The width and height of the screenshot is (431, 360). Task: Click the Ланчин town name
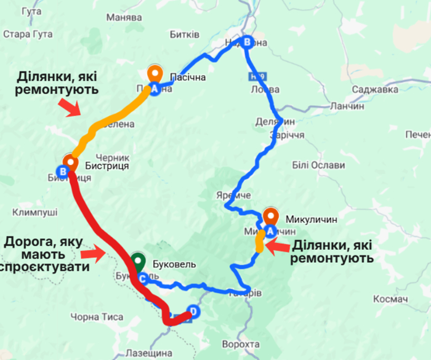(347, 106)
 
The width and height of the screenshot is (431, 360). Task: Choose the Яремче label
(233, 195)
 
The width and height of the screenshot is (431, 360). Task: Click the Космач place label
(391, 299)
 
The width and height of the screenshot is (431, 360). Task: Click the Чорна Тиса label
(97, 317)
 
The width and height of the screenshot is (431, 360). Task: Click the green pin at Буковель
(139, 261)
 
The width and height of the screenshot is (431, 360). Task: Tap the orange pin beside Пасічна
(155, 73)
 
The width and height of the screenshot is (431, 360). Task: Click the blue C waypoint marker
(142, 278)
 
